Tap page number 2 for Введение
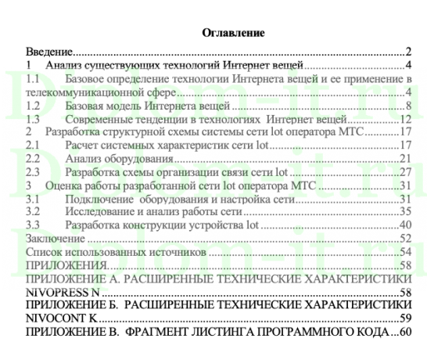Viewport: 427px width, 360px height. click(x=408, y=51)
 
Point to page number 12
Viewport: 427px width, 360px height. click(x=405, y=119)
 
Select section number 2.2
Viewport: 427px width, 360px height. click(x=34, y=159)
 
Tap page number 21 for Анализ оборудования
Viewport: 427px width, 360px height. click(x=405, y=159)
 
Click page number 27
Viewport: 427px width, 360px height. click(x=405, y=172)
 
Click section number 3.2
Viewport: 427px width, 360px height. click(x=34, y=211)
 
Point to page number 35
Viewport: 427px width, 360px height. click(x=405, y=211)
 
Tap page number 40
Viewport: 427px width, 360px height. click(x=405, y=225)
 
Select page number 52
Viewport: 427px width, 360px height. click(x=405, y=238)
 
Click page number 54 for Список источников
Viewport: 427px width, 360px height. click(x=405, y=251)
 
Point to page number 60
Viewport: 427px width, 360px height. click(x=405, y=332)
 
